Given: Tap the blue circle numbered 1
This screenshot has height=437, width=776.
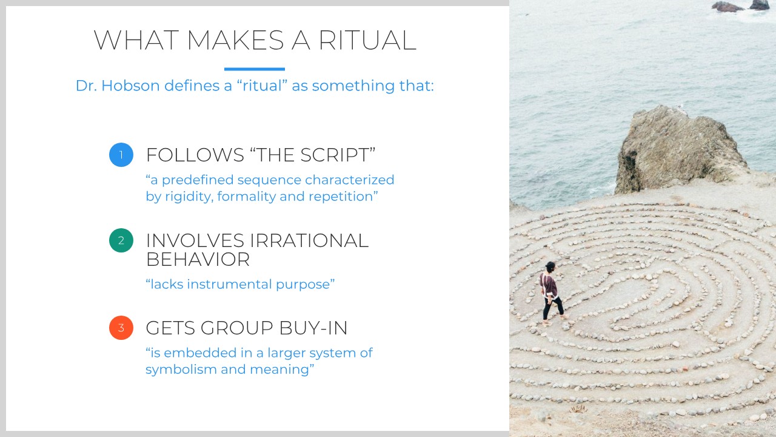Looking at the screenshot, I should pyautogui.click(x=121, y=155).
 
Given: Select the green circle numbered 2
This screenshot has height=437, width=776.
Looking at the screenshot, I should pyautogui.click(x=121, y=240).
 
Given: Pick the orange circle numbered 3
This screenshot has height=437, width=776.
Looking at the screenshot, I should pyautogui.click(x=121, y=328).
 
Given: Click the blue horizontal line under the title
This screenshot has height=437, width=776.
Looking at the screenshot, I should pyautogui.click(x=254, y=69).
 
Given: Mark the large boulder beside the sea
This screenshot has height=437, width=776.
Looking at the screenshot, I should pyautogui.click(x=679, y=149).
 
